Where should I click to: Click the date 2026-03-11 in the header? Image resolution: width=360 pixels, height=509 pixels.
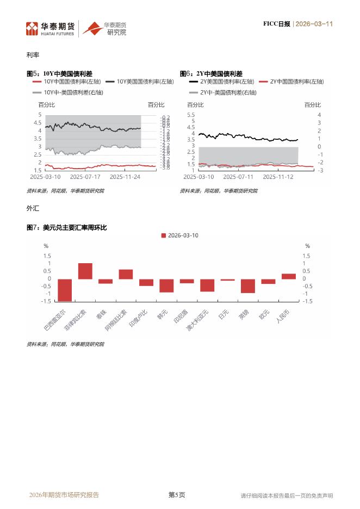(314, 24)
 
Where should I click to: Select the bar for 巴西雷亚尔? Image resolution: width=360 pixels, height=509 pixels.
(65, 290)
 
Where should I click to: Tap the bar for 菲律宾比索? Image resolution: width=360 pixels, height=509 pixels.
(85, 271)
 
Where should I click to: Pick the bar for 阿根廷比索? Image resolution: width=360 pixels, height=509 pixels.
(126, 274)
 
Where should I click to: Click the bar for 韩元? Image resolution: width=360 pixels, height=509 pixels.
(166, 285)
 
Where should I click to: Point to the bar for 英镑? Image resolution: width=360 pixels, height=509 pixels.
(248, 286)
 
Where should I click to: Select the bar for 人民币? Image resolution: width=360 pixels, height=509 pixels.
(289, 276)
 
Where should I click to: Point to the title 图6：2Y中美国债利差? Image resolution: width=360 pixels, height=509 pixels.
(211, 73)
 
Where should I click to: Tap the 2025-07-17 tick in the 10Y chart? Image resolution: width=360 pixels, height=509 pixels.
(86, 176)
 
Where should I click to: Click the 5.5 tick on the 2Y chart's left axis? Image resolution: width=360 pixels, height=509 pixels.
(191, 115)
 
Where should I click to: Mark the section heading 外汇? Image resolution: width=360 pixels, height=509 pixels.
(32, 208)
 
